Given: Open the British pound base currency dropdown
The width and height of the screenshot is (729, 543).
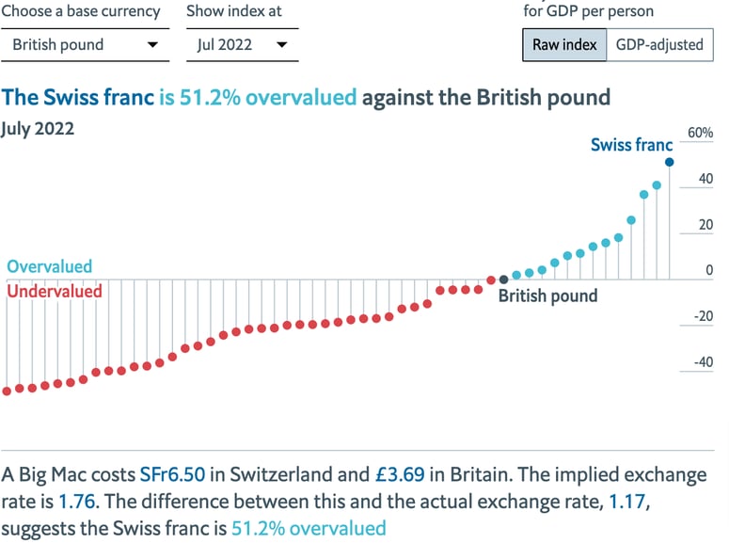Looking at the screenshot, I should pyautogui.click(x=85, y=44).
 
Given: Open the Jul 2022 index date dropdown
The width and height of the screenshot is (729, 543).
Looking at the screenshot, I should pyautogui.click(x=242, y=44).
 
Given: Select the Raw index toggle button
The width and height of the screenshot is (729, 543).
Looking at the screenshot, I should pyautogui.click(x=564, y=44).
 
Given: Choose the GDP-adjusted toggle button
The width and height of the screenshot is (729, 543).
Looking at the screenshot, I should pyautogui.click(x=659, y=44).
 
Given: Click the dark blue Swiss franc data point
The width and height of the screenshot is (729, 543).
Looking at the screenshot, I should pyautogui.click(x=670, y=162).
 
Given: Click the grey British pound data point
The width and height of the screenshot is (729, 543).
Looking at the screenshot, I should pyautogui.click(x=504, y=279).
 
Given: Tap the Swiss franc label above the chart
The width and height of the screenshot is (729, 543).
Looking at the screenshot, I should pyautogui.click(x=631, y=145).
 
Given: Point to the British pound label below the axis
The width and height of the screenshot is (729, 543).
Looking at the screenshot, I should pyautogui.click(x=547, y=296).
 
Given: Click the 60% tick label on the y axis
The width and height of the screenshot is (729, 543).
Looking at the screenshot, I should pyautogui.click(x=700, y=134).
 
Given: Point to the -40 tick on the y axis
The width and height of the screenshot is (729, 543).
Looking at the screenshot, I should pyautogui.click(x=702, y=362).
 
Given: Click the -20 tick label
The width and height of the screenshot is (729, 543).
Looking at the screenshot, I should pyautogui.click(x=702, y=316).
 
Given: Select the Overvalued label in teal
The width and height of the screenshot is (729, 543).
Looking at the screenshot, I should pyautogui.click(x=50, y=266).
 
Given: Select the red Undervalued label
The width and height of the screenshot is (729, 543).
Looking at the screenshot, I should pyautogui.click(x=55, y=292).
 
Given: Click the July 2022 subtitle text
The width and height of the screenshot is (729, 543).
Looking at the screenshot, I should pyautogui.click(x=38, y=129).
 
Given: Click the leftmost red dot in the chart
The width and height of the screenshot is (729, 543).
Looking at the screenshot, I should pyautogui.click(x=8, y=391).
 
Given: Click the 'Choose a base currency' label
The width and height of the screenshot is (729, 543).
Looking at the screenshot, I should pyautogui.click(x=81, y=12).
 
